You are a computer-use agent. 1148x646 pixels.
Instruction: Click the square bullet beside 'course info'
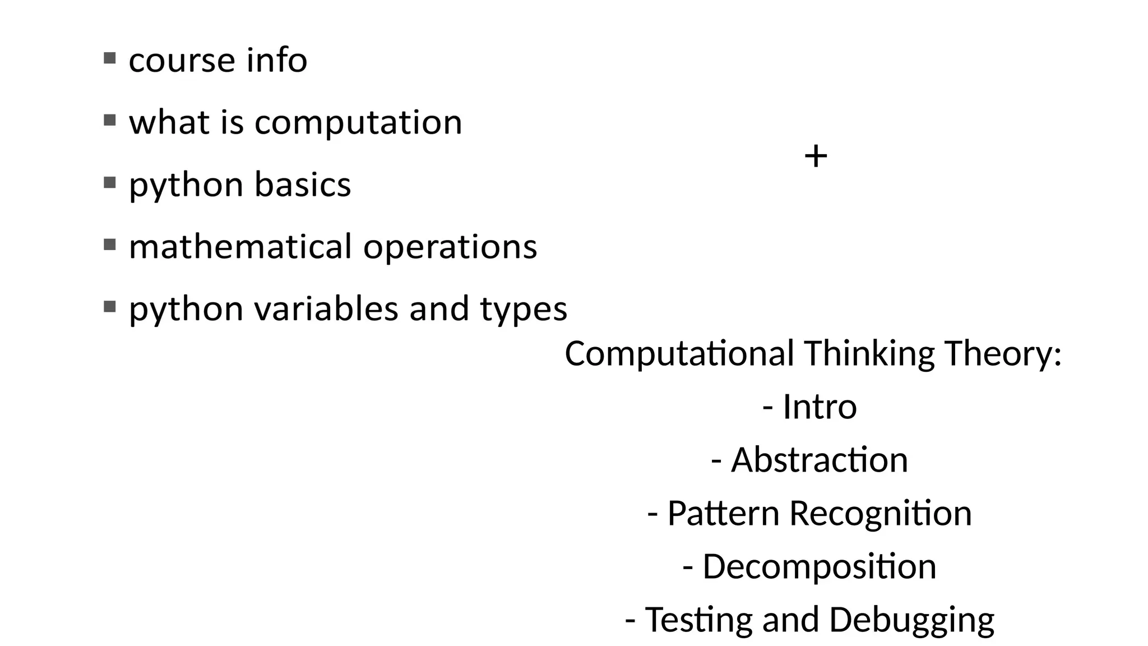pos(110,58)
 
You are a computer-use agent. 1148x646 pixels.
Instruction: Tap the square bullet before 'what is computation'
pos(110,120)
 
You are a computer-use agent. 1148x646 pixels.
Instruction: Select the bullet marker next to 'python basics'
pos(110,182)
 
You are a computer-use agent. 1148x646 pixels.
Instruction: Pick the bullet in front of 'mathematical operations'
pos(110,244)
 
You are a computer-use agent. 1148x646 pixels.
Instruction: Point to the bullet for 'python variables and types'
pos(110,307)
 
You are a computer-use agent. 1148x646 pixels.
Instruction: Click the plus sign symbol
pos(816,156)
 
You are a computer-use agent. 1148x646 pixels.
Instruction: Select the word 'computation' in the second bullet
pos(358,123)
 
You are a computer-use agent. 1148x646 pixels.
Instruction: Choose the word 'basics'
pos(303,184)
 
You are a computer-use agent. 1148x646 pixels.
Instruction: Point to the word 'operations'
pos(450,247)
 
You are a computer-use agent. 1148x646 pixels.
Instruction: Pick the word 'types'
pos(524,310)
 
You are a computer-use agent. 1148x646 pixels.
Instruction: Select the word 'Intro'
pos(820,407)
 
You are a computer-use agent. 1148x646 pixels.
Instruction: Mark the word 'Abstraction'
pos(819,460)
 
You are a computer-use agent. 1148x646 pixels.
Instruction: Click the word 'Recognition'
pos(880,514)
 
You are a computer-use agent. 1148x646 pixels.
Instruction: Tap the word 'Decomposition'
pos(819,567)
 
